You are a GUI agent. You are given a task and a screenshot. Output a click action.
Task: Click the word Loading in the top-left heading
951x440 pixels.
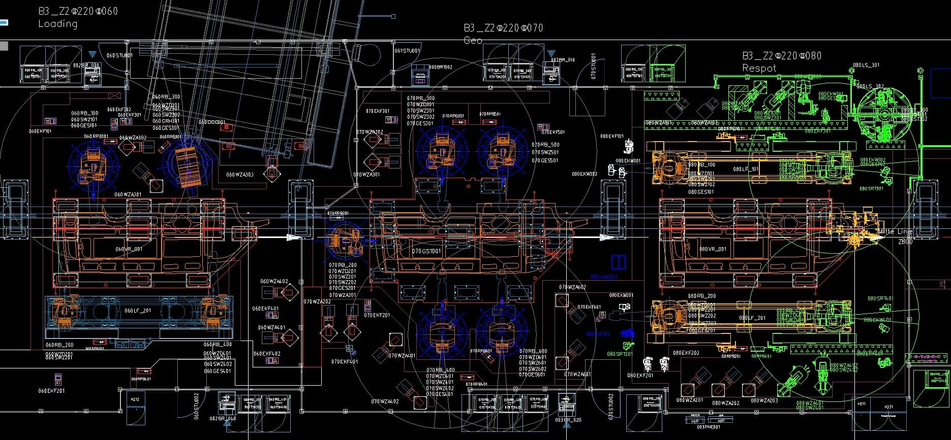(x=58, y=24)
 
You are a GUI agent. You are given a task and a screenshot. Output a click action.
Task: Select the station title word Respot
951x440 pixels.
(x=759, y=68)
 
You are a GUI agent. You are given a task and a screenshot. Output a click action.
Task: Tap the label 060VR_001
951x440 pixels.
(x=129, y=249)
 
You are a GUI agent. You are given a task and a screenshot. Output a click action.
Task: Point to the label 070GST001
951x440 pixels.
(x=426, y=251)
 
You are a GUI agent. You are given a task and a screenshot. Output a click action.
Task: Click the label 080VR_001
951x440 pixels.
(x=714, y=249)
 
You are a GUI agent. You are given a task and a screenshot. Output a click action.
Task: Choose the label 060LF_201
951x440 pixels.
(x=138, y=311)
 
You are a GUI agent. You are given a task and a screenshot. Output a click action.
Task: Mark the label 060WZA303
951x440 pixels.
(x=240, y=175)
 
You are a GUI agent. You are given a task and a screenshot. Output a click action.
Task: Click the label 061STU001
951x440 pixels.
(x=408, y=51)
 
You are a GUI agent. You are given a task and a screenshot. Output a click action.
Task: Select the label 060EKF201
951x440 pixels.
(x=51, y=391)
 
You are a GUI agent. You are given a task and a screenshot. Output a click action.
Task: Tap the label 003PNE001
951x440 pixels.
(x=709, y=427)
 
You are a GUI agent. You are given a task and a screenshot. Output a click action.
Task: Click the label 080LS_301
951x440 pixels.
(x=866, y=65)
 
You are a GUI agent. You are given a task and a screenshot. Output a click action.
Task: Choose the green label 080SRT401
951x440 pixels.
(x=880, y=298)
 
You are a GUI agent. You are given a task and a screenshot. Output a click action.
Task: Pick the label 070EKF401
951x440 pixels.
(x=344, y=362)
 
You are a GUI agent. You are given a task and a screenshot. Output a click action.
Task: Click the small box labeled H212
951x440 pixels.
(x=135, y=399)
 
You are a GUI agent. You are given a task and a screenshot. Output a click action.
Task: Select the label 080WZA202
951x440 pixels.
(x=726, y=403)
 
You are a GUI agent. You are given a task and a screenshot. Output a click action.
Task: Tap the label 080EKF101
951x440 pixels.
(x=611, y=136)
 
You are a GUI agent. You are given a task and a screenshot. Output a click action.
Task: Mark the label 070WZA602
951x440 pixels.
(x=572, y=287)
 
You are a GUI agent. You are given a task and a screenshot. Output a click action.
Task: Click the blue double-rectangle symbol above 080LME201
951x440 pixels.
(x=618, y=262)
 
